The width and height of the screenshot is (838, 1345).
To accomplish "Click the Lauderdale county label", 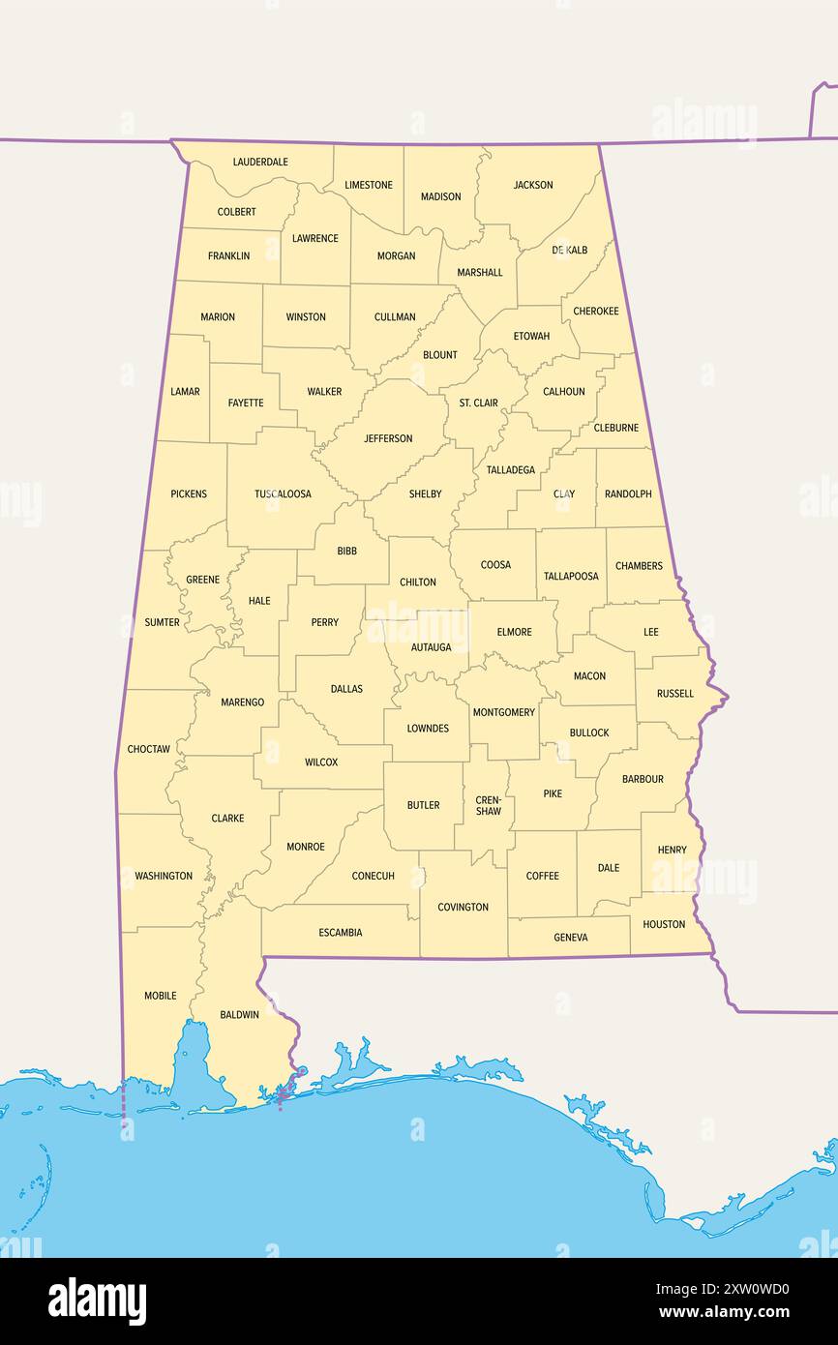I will tap(260, 162).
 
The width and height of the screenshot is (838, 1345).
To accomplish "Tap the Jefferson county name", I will tap(388, 438).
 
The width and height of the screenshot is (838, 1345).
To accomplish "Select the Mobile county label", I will tap(161, 995).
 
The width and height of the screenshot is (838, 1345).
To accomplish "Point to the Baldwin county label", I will tap(239, 1014).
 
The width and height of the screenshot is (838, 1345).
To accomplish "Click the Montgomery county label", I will tap(503, 712).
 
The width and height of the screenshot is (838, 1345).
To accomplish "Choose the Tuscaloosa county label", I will tap(283, 493).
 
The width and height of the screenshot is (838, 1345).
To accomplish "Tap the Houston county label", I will tap(664, 924).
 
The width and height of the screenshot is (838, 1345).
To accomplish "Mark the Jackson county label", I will tap(533, 185).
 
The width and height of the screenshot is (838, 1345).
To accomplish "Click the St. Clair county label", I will tap(478, 403).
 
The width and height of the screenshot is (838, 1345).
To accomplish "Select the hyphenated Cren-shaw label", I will tap(489, 805).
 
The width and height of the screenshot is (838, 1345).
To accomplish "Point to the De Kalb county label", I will tap(569, 250).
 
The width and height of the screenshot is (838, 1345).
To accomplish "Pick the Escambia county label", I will tap(341, 933).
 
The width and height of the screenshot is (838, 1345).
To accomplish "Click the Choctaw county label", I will tap(149, 749).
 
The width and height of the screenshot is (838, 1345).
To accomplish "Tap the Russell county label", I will tap(674, 693).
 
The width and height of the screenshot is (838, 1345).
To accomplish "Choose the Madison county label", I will tap(440, 196).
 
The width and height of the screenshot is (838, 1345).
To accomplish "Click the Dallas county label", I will tap(346, 689).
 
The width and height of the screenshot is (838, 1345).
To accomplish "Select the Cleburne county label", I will tap(615, 427).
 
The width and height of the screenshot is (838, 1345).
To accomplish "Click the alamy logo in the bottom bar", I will tap(97, 1301).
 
